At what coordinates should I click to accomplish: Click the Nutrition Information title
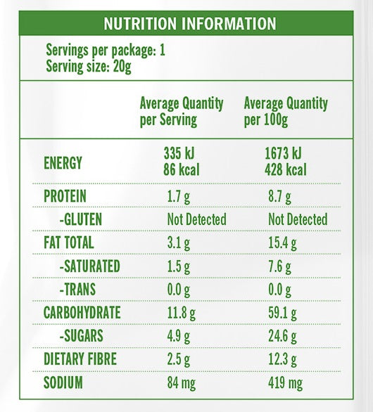click(190, 23)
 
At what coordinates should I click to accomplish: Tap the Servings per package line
click(106, 50)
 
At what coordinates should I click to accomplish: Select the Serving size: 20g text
click(89, 66)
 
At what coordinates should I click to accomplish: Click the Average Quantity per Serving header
click(182, 112)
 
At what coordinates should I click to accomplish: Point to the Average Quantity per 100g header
click(286, 112)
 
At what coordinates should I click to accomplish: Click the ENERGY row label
click(63, 163)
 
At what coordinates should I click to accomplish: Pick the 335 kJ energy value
click(179, 153)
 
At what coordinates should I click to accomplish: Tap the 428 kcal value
click(286, 169)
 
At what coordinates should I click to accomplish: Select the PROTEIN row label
click(65, 196)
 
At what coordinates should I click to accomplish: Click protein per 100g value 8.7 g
click(279, 197)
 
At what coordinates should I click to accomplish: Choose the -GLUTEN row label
click(81, 219)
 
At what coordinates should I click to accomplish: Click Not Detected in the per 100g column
click(298, 219)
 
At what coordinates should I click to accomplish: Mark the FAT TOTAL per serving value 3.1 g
click(179, 243)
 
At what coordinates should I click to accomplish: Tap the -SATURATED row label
click(89, 266)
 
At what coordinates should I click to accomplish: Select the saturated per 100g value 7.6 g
click(279, 266)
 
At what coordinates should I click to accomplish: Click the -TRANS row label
click(77, 289)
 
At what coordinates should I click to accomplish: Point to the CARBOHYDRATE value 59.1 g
click(282, 313)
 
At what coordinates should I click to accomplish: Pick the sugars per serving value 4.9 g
click(179, 337)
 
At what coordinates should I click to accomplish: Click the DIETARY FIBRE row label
click(80, 359)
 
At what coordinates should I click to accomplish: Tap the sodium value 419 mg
click(286, 383)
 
